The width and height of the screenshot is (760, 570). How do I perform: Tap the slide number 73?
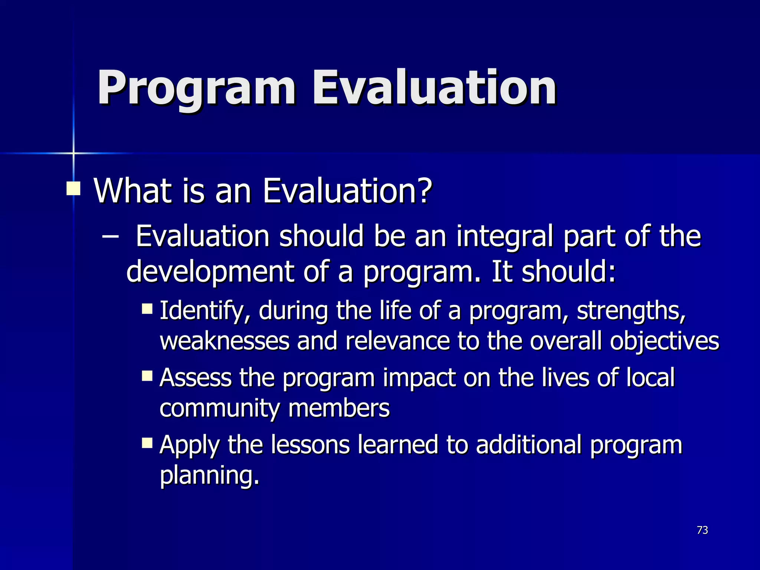(702, 530)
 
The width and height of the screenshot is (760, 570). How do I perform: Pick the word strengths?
(631, 311)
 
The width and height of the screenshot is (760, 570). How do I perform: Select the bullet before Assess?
(147, 376)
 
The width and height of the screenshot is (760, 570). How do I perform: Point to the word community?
(219, 408)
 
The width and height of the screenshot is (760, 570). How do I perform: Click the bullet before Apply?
(147, 443)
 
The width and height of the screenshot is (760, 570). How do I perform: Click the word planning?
(209, 476)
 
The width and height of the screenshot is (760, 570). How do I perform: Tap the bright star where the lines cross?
(73, 153)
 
